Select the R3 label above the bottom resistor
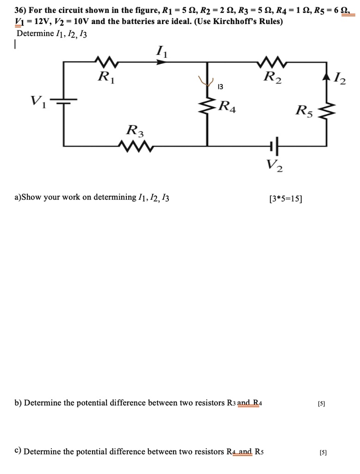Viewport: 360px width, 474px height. coord(135,131)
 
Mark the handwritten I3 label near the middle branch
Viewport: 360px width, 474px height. coord(221,86)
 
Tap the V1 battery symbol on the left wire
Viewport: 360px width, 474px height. coord(63,101)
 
